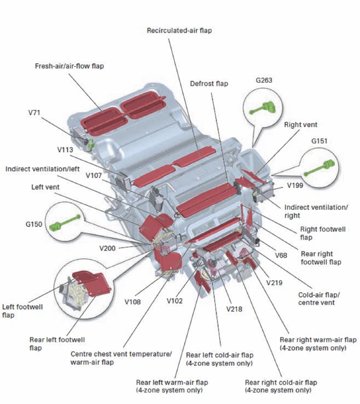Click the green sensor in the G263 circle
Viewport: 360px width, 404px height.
[x=264, y=107]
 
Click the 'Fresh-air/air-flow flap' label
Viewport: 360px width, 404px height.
[x=69, y=66]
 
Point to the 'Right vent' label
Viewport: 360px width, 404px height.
[x=300, y=124]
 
